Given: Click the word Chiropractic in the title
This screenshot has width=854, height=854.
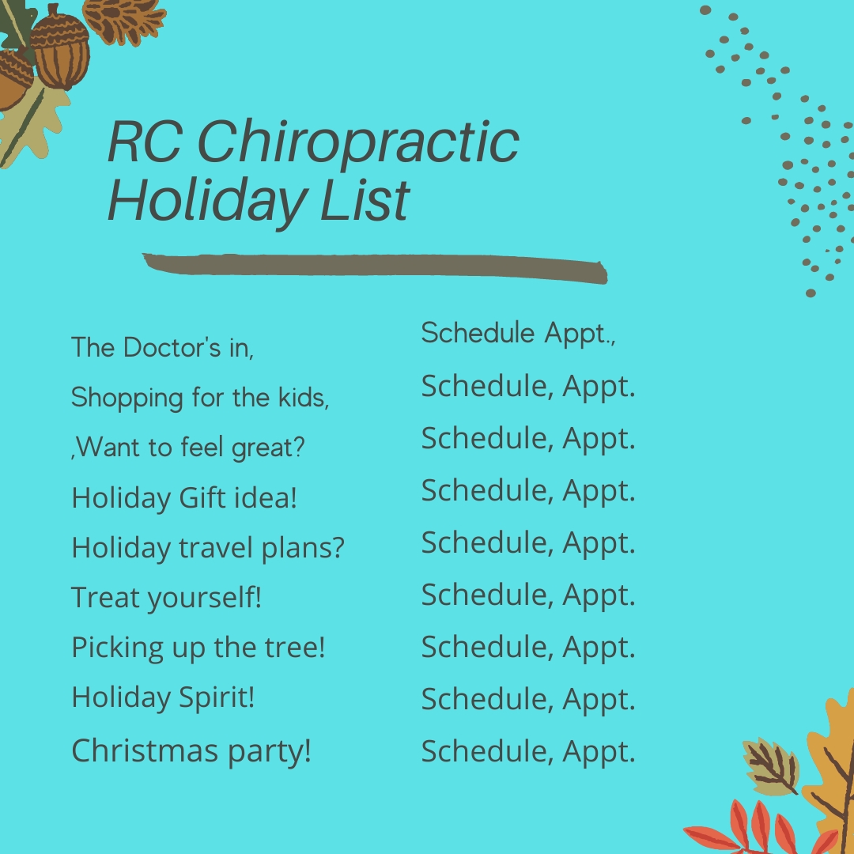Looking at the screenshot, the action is [358, 142].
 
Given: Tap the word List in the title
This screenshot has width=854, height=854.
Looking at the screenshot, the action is [365, 200].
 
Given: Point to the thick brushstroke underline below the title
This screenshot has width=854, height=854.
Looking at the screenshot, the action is [376, 268].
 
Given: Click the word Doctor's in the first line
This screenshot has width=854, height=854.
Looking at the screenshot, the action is [172, 347].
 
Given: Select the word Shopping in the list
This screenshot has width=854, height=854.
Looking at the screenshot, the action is [127, 398].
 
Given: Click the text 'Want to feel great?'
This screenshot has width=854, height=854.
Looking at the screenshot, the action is [188, 448].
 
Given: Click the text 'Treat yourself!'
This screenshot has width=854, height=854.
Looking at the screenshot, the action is [167, 598].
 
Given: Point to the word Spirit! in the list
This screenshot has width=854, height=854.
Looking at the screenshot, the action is [216, 698].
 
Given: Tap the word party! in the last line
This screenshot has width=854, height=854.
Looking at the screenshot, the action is [269, 753].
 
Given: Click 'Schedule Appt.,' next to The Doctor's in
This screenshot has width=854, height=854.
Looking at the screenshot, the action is [518, 334].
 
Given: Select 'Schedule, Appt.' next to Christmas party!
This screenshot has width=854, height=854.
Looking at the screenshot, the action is [528, 752].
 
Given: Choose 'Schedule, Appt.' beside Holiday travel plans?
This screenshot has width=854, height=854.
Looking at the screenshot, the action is [528, 543].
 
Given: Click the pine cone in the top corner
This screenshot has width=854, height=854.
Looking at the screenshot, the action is [125, 20].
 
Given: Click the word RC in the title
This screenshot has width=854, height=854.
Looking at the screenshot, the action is [145, 142].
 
